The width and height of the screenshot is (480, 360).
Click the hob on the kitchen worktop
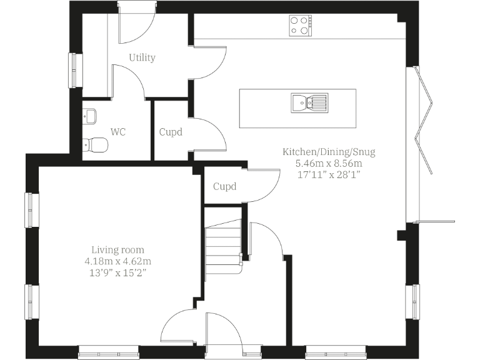[301, 25]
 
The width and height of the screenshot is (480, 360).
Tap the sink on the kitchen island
[309, 102]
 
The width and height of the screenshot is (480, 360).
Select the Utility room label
[142, 57]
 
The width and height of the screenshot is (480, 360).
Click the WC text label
[119, 132]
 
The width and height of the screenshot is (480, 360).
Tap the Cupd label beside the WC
[171, 132]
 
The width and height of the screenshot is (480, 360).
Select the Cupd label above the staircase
[224, 186]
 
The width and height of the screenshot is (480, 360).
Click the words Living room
[117, 249]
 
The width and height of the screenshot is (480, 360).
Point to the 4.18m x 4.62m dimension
[118, 261]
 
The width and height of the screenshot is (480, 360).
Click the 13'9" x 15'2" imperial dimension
[118, 272]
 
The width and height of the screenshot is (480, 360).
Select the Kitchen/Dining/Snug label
[329, 152]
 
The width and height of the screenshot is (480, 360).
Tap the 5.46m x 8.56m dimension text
[329, 163]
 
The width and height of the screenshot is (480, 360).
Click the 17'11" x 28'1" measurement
[329, 175]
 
